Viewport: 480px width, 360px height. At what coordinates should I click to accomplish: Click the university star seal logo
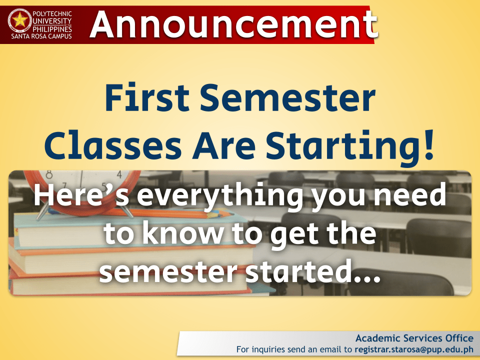coord(20,20)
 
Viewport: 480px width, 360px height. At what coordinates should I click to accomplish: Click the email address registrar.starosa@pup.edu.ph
coord(414,348)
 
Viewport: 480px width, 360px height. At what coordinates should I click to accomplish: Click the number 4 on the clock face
coord(119,175)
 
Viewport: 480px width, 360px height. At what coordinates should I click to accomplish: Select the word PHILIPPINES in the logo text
coord(52,28)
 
